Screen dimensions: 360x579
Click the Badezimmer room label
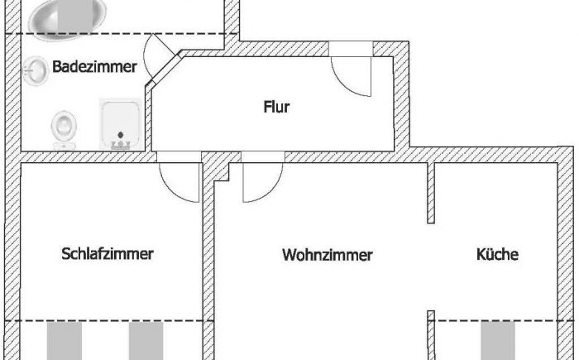93,67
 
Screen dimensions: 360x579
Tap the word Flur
276,106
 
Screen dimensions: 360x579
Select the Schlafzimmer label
108,254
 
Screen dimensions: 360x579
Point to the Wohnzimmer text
328,255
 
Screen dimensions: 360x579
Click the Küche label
497,254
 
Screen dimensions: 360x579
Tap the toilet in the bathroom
63,129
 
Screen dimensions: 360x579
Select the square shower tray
122,126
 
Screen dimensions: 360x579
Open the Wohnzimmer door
263,182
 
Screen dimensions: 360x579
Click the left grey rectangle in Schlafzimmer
64,340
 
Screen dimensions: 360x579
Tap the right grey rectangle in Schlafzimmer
146,340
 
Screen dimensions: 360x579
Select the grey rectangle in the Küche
497,340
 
